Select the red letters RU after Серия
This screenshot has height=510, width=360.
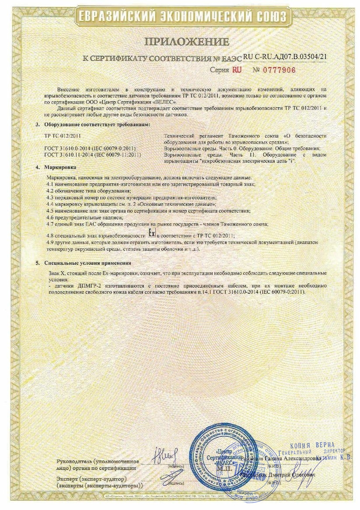click(x=237, y=70)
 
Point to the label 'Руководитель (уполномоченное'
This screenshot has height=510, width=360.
click(x=97, y=462)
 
